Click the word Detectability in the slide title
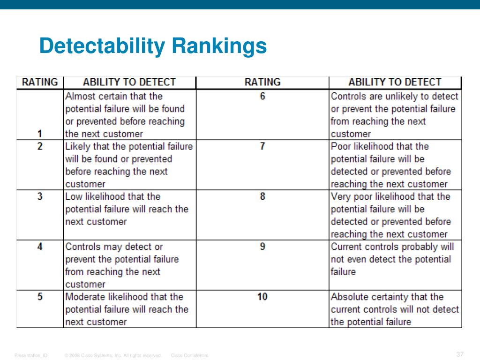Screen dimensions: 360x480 click(x=102, y=47)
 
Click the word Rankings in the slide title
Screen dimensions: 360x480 click(x=219, y=47)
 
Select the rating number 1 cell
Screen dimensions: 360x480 click(x=40, y=134)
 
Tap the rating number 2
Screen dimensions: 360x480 click(x=40, y=146)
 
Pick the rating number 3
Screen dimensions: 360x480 click(x=40, y=196)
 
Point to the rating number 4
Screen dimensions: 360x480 click(x=40, y=247)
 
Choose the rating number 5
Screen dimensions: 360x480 click(x=40, y=297)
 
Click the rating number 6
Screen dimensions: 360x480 click(x=262, y=96)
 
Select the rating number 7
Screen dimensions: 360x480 click(x=262, y=146)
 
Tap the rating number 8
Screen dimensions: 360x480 click(x=262, y=196)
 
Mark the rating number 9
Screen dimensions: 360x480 click(x=262, y=247)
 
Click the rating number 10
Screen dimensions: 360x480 click(x=262, y=297)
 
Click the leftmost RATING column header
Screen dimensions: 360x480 click(x=40, y=82)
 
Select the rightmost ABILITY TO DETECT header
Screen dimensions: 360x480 click(x=395, y=82)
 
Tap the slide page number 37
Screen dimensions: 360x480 click(x=459, y=354)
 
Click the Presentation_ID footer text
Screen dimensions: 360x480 click(x=31, y=356)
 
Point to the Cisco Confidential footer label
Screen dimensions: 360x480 click(x=190, y=356)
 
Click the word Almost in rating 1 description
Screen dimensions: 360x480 click(x=81, y=96)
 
